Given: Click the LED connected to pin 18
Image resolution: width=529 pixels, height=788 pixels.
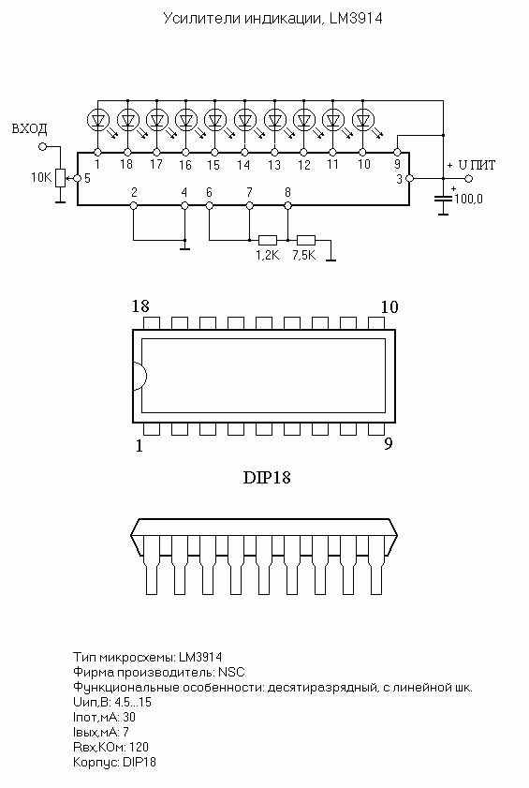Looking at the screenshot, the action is click(127, 120).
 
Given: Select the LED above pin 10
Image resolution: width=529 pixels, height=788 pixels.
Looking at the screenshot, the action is click(363, 120).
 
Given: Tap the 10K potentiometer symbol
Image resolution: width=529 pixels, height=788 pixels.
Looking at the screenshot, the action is click(60, 178).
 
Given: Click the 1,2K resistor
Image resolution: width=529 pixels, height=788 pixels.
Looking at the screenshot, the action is click(268, 240).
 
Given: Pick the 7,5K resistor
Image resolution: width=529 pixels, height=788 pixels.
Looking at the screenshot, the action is click(306, 240).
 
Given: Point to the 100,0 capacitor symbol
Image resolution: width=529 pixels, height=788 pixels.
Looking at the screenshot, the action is click(443, 199).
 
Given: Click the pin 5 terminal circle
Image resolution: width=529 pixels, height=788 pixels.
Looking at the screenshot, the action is click(78, 178).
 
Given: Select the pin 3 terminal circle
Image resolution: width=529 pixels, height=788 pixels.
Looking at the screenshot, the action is click(409, 178).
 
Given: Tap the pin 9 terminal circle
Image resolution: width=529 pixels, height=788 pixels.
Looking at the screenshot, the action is click(396, 152).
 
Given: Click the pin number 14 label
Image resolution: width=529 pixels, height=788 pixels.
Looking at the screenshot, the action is click(243, 165).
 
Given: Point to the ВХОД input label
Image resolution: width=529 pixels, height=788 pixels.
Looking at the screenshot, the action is click(29, 128).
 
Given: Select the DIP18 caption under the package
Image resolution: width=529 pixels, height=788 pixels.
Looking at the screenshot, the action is click(267, 477).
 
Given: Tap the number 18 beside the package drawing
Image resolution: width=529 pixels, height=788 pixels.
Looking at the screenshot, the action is click(140, 306).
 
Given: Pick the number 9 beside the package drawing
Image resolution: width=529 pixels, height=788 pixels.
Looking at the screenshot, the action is click(389, 444).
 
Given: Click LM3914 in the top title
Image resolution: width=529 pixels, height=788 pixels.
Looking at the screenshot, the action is click(356, 19).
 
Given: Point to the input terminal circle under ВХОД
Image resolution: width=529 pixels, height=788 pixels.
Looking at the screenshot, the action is click(42, 147).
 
